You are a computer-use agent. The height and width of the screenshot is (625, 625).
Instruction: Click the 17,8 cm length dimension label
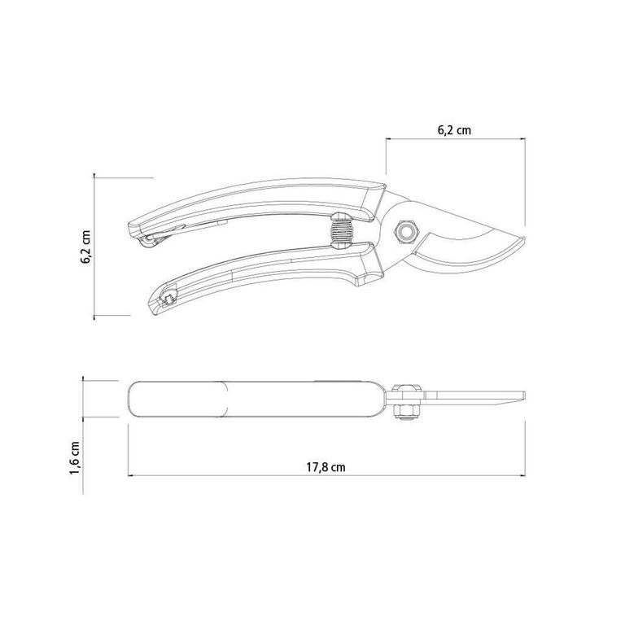coord(326,467)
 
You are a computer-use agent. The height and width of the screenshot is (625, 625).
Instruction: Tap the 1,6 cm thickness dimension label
coord(75,457)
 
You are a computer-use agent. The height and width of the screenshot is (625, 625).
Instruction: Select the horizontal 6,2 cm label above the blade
coord(454,130)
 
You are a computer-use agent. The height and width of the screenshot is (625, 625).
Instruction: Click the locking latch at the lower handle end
coord(168,296)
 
